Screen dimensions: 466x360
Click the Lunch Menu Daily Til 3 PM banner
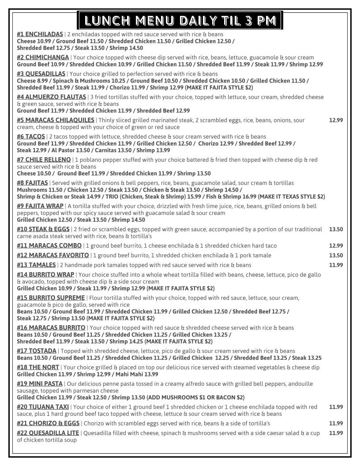[x=180, y=20]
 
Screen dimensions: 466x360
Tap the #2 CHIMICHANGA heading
[x=43, y=57]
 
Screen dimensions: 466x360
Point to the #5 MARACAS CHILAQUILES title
[x=56, y=120]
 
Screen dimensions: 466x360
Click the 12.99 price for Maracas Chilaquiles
[x=336, y=120]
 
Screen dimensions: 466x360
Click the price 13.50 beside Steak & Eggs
[x=336, y=229]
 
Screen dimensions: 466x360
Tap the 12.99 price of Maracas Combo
[x=336, y=245]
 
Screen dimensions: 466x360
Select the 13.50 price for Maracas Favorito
[x=336, y=255]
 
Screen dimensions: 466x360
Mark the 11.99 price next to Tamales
[x=336, y=265]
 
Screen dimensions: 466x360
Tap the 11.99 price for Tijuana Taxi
[x=336, y=407]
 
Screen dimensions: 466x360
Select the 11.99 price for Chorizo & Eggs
[x=336, y=423]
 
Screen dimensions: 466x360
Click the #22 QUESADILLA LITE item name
[x=48, y=433]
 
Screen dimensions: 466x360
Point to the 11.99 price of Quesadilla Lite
[x=336, y=433]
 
